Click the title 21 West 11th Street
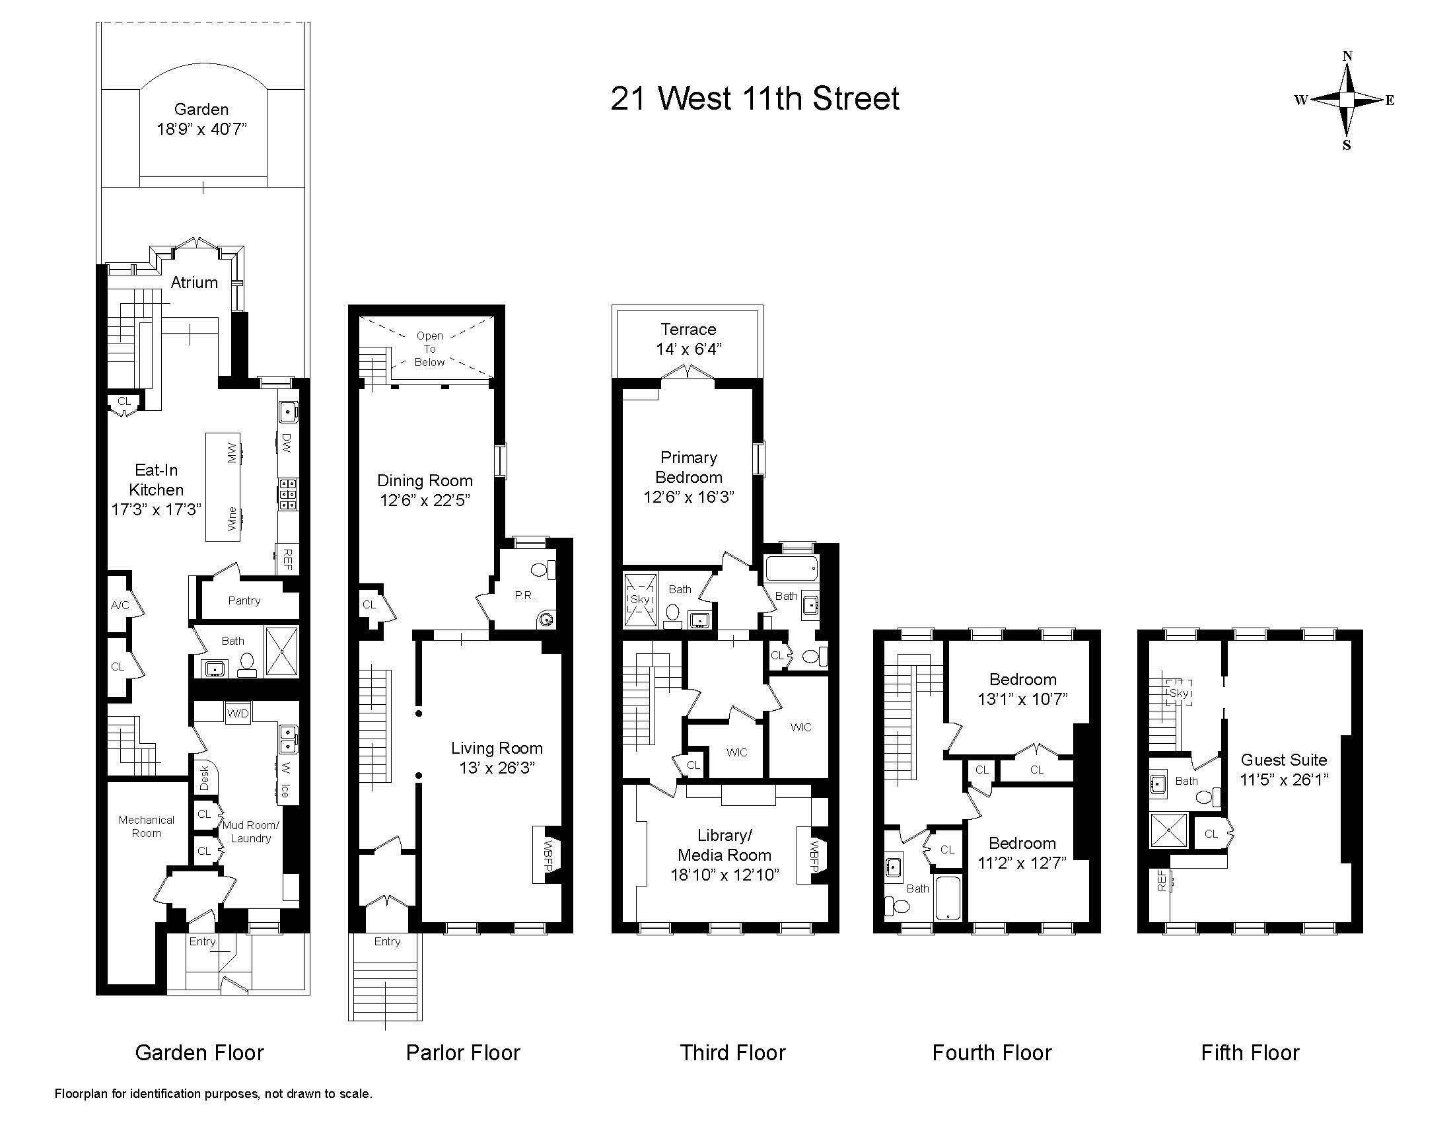755,98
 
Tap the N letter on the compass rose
1347,57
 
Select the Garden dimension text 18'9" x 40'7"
201,128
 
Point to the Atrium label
194,282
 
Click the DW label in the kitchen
287,443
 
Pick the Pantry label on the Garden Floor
244,600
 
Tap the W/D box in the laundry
238,714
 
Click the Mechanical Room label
147,826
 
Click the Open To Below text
429,349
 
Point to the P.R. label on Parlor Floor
524,595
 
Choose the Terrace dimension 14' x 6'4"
689,349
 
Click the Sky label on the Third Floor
640,599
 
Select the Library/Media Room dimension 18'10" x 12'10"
725,874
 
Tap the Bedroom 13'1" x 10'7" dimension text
1022,698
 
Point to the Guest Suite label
1284,760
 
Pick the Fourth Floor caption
992,1052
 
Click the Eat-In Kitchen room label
157,480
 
